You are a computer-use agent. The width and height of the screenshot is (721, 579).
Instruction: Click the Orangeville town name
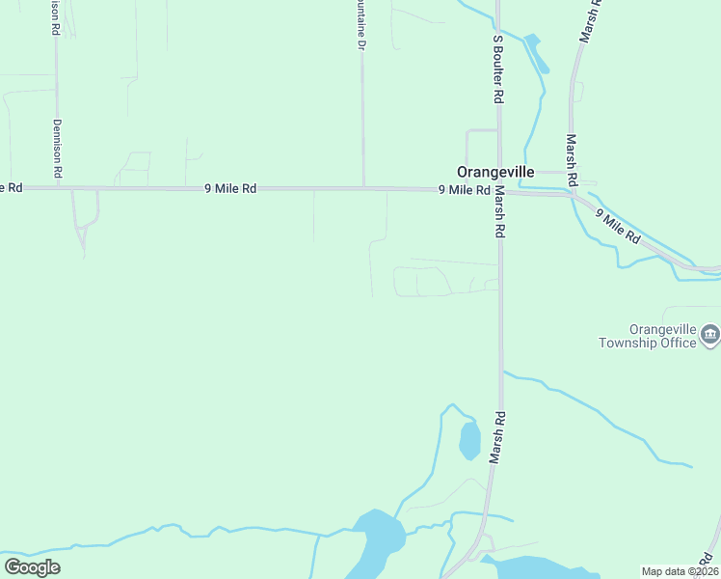click(495, 171)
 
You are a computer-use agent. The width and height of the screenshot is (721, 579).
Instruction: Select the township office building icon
click(711, 336)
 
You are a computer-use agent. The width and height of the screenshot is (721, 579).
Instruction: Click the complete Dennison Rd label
click(58, 148)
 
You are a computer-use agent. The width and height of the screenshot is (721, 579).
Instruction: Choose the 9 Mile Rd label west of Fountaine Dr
click(230, 190)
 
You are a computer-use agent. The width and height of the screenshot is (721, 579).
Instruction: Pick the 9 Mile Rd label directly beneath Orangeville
click(465, 191)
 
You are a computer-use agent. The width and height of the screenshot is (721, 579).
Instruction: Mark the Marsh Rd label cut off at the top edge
click(589, 21)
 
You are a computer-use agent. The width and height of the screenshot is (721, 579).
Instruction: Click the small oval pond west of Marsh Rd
click(469, 441)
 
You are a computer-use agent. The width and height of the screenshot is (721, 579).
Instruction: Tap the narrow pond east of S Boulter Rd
click(537, 53)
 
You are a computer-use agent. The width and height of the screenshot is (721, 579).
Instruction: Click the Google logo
click(32, 567)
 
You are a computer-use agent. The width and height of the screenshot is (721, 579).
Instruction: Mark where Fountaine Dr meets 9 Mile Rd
click(363, 188)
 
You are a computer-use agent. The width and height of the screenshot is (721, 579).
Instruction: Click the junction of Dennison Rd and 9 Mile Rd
click(58, 188)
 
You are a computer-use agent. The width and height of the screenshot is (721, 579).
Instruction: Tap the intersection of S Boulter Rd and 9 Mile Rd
click(498, 190)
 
